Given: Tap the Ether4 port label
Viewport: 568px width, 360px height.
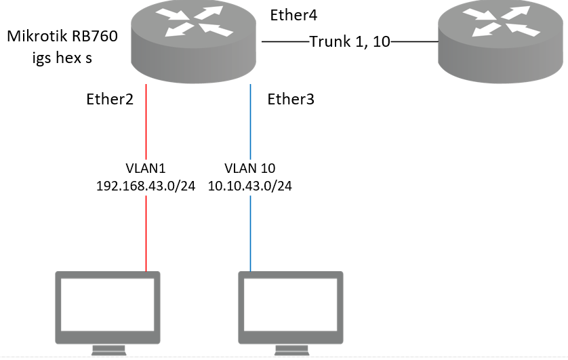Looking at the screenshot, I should tap(293, 16).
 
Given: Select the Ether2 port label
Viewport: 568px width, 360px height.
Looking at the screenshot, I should tap(109, 100).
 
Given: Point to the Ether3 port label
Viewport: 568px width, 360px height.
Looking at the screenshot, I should tap(291, 100).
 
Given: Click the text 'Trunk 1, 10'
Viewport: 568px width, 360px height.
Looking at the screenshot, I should tap(350, 41).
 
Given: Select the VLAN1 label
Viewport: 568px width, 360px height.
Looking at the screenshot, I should tap(147, 167).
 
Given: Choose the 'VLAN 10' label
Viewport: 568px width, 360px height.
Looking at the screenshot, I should tap(250, 167).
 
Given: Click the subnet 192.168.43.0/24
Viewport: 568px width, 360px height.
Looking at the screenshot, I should tap(147, 185).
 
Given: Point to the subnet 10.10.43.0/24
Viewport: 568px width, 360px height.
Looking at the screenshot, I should tap(250, 185).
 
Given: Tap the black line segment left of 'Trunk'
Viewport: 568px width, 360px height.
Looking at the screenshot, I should tap(285, 42).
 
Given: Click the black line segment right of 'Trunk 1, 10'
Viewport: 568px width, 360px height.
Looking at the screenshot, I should tap(413, 42).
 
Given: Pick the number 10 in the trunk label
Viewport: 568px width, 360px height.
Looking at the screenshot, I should tap(381, 41).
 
